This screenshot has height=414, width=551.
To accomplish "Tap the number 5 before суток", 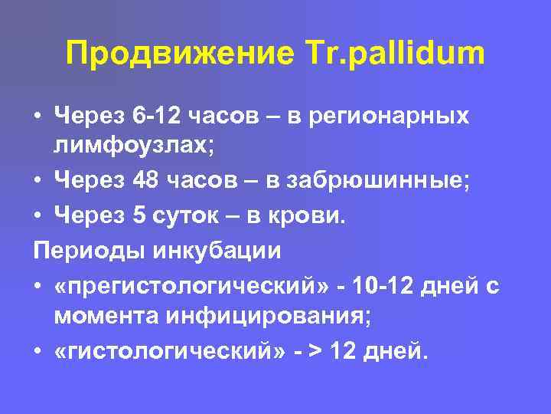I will coord(139,216).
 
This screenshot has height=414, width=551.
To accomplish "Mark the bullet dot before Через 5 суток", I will coord(37,217).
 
